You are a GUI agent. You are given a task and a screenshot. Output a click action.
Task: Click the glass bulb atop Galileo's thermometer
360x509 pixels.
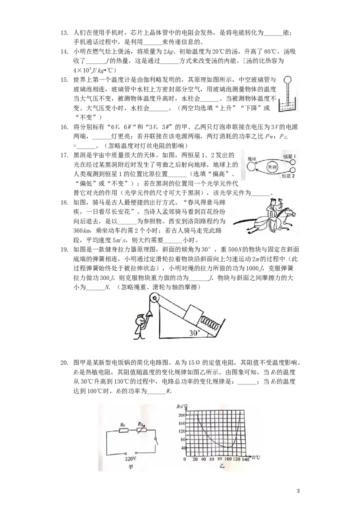pyautogui.click(x=288, y=80)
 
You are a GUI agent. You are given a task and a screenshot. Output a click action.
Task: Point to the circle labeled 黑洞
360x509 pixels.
pyautogui.click(x=272, y=168)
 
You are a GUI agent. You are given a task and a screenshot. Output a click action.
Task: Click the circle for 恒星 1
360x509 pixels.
pyautogui.click(x=293, y=162)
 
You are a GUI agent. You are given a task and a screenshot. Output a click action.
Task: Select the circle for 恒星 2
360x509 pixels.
pyautogui.click(x=293, y=170)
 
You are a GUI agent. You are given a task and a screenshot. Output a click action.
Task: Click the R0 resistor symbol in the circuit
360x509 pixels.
pyautogui.click(x=123, y=430)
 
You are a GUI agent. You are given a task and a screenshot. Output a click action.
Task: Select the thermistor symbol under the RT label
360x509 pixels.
pyautogui.click(x=142, y=430)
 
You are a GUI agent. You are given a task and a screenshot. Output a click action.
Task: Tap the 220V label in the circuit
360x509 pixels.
pyautogui.click(x=130, y=459)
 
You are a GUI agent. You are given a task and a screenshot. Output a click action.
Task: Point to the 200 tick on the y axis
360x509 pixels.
pyautogui.click(x=182, y=415)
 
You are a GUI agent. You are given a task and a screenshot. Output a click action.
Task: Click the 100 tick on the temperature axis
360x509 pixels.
pyautogui.click(x=228, y=460)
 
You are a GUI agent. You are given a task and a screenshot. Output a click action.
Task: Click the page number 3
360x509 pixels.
pyautogui.click(x=298, y=491)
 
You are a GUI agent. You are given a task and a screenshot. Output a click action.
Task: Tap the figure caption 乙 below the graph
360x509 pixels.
pyautogui.click(x=222, y=466)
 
